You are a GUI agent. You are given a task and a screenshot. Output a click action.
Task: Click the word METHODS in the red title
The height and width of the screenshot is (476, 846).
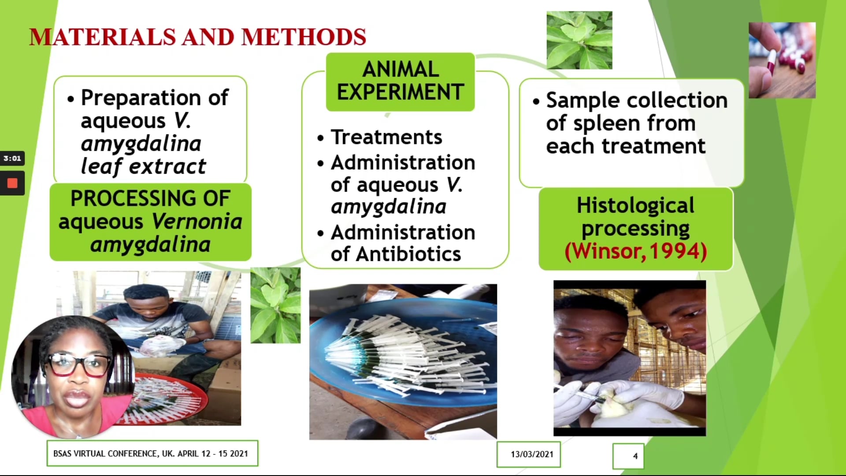pos(304,37)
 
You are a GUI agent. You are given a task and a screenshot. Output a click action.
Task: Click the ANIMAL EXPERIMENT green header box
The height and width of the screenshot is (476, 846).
pos(400,82)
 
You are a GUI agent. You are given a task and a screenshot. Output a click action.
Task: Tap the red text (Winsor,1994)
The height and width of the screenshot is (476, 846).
pos(636,251)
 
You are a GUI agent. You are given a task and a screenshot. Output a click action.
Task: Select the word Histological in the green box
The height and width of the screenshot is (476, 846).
pos(635,205)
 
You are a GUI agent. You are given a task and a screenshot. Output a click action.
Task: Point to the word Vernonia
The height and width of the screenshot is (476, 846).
pos(197,221)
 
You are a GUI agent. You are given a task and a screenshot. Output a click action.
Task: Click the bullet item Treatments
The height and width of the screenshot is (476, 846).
pos(386,137)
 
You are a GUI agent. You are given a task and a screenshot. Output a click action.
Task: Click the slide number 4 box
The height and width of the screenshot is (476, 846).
pos(628,456)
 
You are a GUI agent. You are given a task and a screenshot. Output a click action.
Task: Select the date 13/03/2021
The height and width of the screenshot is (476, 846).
pos(532,454)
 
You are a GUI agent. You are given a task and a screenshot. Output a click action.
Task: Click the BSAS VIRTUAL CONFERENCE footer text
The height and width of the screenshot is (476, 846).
pos(151,454)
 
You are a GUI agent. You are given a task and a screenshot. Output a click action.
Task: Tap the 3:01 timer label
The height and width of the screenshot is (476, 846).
pos(12,158)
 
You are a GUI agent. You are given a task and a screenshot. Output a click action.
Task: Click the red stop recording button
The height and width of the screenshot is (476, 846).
pos(12,183)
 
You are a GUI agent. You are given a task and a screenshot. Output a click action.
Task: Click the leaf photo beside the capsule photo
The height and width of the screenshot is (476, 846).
pos(579,40)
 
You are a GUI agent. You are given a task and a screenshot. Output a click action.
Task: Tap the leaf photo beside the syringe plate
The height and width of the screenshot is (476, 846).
pos(275,305)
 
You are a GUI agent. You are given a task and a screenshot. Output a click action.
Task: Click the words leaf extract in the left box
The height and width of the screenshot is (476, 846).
pos(143,167)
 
